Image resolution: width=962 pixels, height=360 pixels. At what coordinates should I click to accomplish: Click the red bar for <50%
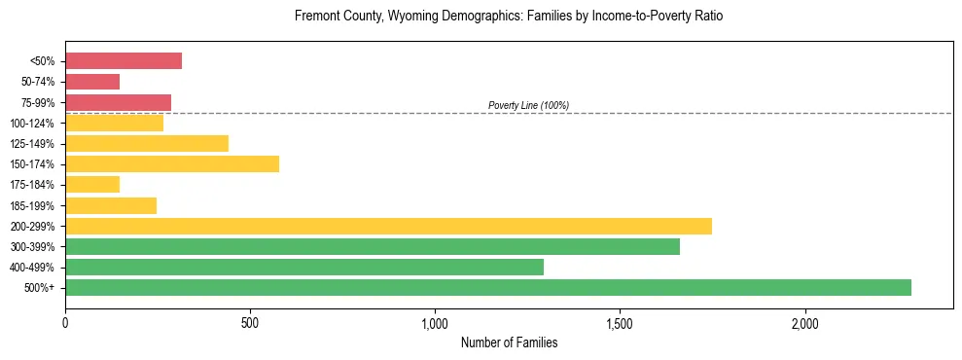coord(124,61)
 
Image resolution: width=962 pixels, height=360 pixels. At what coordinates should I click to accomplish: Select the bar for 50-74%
coord(92,82)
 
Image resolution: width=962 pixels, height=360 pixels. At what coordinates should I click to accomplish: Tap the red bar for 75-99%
coord(118,102)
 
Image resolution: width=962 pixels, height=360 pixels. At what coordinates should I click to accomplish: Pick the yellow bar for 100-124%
coord(114,123)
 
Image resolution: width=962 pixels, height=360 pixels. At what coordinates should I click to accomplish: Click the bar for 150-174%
coord(172,163)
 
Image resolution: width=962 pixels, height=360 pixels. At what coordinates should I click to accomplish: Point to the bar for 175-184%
coord(92,184)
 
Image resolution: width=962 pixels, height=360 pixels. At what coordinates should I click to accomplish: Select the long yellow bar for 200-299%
coord(388,226)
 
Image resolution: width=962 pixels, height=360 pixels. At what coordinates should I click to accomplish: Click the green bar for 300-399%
coord(373,246)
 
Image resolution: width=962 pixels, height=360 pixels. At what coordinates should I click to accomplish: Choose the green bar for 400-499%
coord(304,267)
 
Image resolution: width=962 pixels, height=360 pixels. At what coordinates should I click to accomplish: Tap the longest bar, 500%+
coord(488,287)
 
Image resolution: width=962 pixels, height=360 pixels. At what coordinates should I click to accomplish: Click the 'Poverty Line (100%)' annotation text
coord(528,105)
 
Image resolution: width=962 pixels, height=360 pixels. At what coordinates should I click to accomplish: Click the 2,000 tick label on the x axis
coord(805,322)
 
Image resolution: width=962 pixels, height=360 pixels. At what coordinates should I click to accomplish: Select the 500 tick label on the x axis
coord(250,322)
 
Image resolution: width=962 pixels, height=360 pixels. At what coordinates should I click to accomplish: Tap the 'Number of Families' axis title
coord(509,342)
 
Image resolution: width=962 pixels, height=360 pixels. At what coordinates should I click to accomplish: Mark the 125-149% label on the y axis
coord(32,144)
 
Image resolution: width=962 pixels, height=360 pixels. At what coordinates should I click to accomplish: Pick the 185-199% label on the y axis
coord(32,205)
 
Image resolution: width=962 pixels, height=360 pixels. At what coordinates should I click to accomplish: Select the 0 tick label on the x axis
coord(65,322)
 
